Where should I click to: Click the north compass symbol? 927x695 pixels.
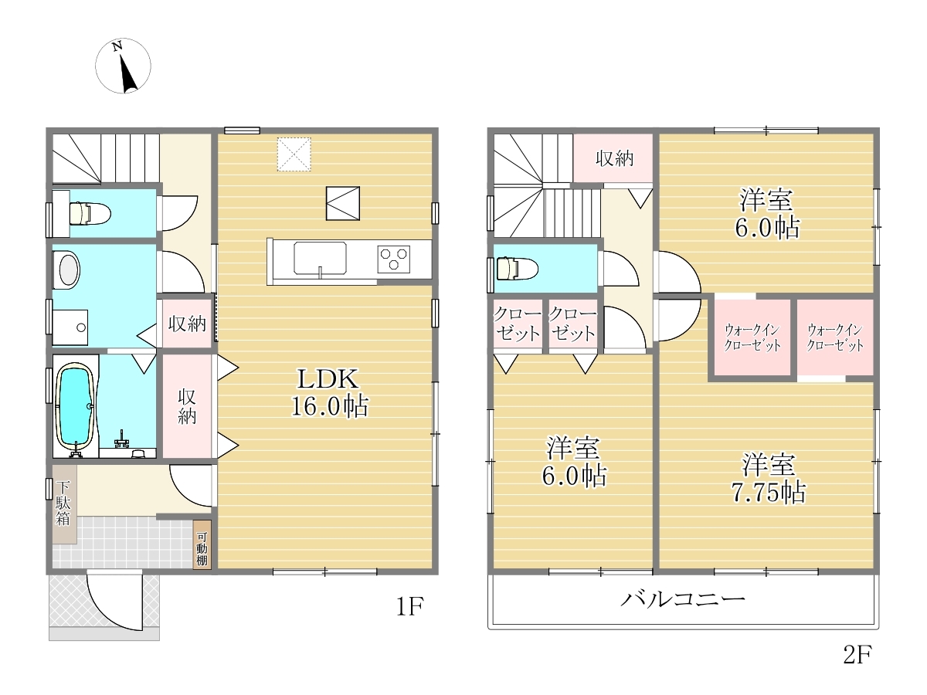tap(123, 66)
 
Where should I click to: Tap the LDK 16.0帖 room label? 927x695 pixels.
tap(330, 392)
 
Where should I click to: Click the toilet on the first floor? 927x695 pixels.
tap(90, 213)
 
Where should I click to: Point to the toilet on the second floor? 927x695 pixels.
tap(518, 269)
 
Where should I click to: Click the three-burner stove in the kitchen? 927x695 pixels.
tap(394, 259)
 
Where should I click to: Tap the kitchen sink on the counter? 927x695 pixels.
tap(320, 258)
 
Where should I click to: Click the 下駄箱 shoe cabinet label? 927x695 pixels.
tap(63, 503)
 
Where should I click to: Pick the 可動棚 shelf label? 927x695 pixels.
tap(202, 548)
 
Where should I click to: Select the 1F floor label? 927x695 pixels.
tap(409, 606)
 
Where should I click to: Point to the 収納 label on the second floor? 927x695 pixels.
tap(614, 158)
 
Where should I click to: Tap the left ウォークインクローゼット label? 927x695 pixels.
tap(752, 337)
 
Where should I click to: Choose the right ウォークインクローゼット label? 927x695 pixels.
tap(835, 337)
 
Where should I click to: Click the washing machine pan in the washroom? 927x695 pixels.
tap(70, 327)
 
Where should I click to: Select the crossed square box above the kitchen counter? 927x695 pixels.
tap(343, 203)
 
